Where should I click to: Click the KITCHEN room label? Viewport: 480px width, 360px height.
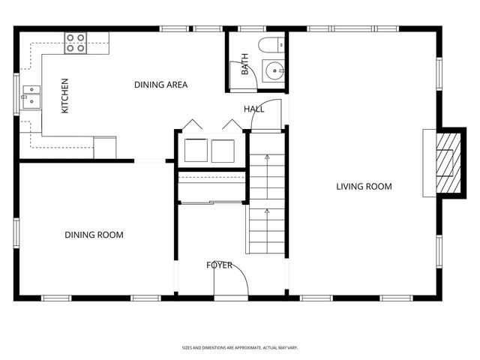64,96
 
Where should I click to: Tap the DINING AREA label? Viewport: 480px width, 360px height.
160,85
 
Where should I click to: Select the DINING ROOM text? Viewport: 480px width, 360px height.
94,235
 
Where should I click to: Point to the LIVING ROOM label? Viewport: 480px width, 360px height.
364,187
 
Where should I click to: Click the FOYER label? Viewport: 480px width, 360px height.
220,265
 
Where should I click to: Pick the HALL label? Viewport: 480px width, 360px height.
253,109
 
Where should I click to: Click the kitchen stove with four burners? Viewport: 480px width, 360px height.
75,43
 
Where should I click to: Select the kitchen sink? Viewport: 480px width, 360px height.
31,95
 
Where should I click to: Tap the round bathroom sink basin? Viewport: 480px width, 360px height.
274,72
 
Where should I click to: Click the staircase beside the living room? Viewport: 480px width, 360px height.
267,202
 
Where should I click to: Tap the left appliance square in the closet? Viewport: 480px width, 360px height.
196,150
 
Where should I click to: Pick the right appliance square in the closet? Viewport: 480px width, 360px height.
223,150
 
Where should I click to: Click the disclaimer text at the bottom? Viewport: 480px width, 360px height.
240,348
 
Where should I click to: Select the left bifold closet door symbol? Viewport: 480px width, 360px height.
193,125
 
